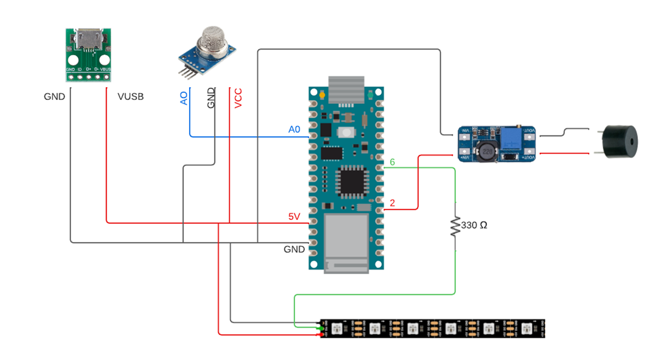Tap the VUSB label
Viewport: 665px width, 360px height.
point(130,97)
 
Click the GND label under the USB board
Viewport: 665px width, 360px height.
point(54,97)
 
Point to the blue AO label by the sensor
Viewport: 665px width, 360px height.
point(184,98)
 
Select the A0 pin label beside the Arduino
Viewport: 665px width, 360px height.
point(294,130)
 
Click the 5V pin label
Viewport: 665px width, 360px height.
point(294,217)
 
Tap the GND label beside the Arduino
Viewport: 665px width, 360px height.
point(294,249)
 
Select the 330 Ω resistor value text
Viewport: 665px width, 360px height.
point(474,226)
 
